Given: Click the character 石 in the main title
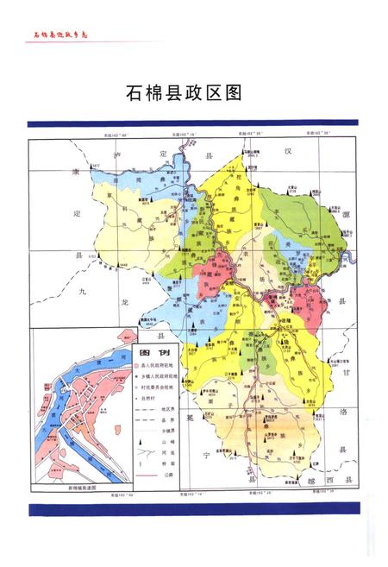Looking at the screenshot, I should (x=135, y=92).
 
